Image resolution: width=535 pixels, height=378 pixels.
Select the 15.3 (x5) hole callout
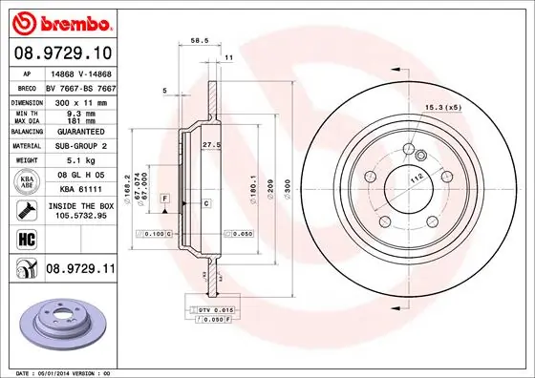coord(443,106)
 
